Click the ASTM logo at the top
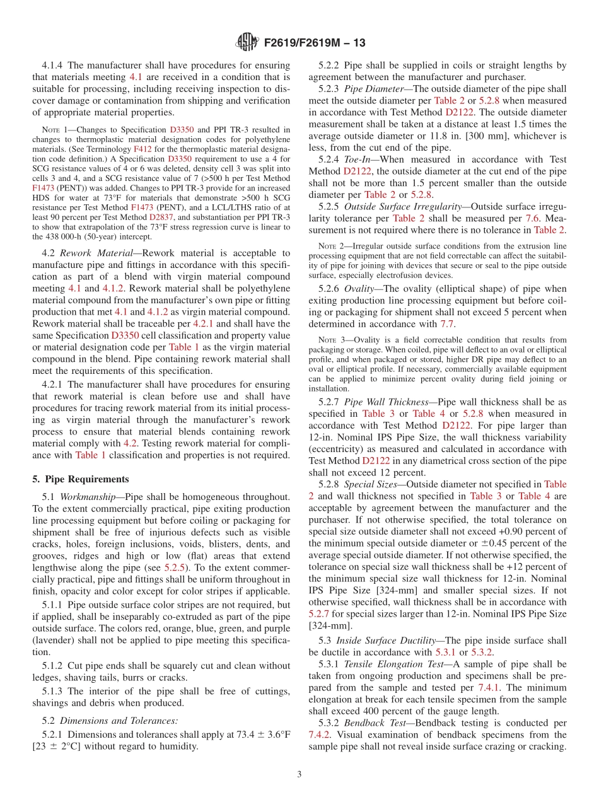coord(247,43)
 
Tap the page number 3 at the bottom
coord(299,775)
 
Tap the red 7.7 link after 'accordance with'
coord(447,323)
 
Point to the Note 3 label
coord(323,340)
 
